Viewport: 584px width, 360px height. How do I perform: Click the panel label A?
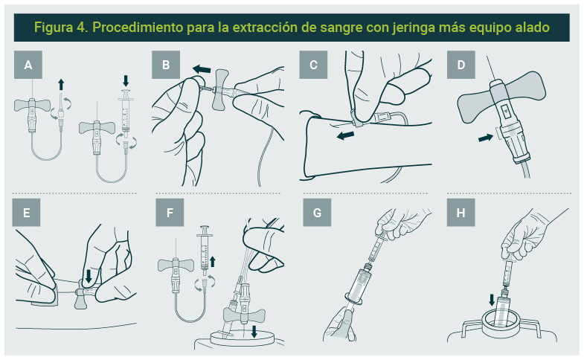[28, 65]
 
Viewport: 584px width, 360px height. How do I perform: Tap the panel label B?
[166, 65]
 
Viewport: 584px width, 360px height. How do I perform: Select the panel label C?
[313, 65]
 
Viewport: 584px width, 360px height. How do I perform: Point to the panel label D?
[461, 65]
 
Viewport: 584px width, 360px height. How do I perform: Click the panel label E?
[27, 213]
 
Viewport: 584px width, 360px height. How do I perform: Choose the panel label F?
[170, 213]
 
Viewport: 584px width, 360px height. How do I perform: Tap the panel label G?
[317, 213]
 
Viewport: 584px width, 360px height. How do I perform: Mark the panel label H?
[461, 213]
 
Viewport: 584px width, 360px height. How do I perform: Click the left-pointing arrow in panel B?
[202, 69]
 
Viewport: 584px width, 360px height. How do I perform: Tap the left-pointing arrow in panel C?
[345, 135]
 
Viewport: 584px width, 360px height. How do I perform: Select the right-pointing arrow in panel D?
[485, 138]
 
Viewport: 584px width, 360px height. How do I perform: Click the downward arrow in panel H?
[492, 300]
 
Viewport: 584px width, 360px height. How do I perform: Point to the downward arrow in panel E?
[89, 276]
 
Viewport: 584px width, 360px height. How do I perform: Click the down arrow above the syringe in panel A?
[126, 81]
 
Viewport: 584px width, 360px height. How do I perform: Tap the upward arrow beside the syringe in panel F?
[213, 262]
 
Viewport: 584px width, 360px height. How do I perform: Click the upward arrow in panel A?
[61, 85]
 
